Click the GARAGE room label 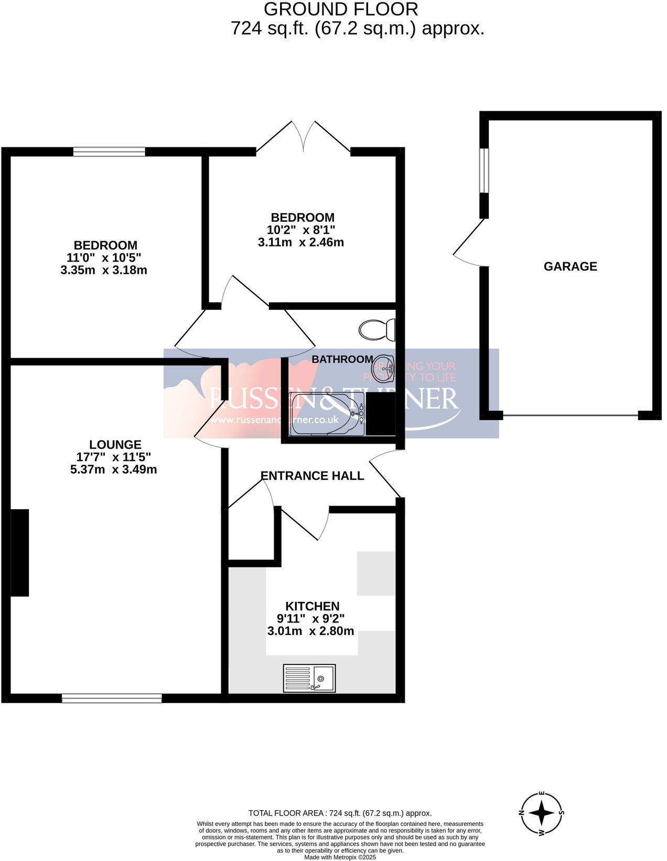(570, 266)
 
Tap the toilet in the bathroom (376, 329)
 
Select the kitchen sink (309, 677)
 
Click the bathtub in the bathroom (326, 414)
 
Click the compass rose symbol (542, 813)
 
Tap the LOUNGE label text (115, 445)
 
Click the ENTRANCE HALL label (312, 476)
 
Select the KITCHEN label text (312, 606)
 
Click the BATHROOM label (342, 359)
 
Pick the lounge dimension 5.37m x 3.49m (113, 469)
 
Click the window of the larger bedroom (109, 152)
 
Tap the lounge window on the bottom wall (112, 698)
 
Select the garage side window (485, 170)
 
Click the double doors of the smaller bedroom (303, 139)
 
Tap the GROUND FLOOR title (340, 9)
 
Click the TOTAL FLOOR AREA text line (340, 813)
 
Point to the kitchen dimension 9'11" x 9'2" (310, 619)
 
